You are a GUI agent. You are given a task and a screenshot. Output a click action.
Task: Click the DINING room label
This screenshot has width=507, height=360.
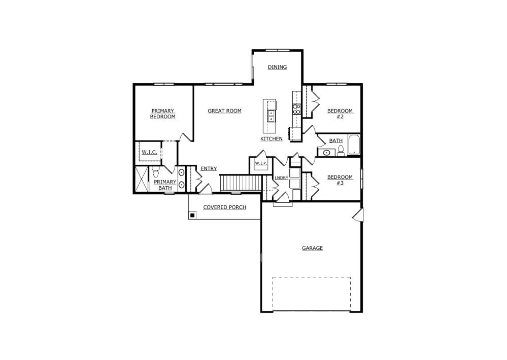pyautogui.click(x=277, y=67)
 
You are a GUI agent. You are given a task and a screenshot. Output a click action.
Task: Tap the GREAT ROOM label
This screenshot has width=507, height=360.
pyautogui.click(x=224, y=111)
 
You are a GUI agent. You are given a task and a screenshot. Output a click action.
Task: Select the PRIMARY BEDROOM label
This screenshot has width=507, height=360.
pyautogui.click(x=162, y=114)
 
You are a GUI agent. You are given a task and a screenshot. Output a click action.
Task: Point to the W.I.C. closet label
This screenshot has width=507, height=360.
pyautogui.click(x=149, y=152)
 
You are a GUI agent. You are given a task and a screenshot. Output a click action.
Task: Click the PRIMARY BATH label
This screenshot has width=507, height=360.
pyautogui.click(x=165, y=185)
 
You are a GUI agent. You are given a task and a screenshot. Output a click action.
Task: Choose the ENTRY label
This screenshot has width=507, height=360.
pyautogui.click(x=209, y=169)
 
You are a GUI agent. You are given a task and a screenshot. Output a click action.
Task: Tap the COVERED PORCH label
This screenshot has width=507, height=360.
pyautogui.click(x=224, y=207)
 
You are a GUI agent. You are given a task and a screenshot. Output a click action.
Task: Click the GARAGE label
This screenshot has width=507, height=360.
pyautogui.click(x=312, y=248)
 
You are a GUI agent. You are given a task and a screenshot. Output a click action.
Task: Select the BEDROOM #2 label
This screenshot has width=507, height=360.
pyautogui.click(x=340, y=114)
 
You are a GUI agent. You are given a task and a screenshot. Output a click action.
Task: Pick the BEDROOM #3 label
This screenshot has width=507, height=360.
pyautogui.click(x=340, y=180)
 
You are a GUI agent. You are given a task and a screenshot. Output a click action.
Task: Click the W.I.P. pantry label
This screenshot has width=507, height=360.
pyautogui.click(x=261, y=163)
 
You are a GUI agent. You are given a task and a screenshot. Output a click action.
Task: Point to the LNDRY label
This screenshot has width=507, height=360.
pyautogui.click(x=281, y=178)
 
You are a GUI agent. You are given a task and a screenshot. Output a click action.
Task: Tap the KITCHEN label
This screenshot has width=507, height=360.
pyautogui.click(x=272, y=138)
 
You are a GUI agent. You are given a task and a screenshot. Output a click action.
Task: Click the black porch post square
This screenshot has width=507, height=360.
pyautogui.click(x=192, y=215)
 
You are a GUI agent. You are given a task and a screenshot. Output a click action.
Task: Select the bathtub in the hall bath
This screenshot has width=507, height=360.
pyautogui.click(x=354, y=145)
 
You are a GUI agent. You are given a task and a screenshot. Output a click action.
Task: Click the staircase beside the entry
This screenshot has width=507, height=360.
pyautogui.click(x=241, y=183)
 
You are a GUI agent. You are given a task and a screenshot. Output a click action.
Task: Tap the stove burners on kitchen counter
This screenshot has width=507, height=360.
pyautogui.click(x=296, y=109)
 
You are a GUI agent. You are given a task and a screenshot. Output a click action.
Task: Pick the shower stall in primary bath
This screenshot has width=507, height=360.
pyautogui.click(x=141, y=179)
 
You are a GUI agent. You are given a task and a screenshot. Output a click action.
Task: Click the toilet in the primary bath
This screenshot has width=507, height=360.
pyautogui.click(x=155, y=172)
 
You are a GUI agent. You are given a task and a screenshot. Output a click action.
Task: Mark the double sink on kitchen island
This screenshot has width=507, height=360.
pyautogui.click(x=271, y=116)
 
